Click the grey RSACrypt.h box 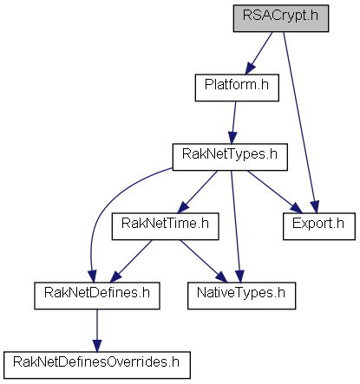pyautogui.click(x=281, y=18)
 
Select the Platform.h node pyautogui.click(x=237, y=88)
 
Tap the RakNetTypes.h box pyautogui.click(x=230, y=157)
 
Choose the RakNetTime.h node pyautogui.click(x=165, y=226)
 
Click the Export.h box pyautogui.click(x=319, y=226)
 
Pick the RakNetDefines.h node pyautogui.click(x=97, y=296)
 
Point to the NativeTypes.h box pyautogui.click(x=241, y=296)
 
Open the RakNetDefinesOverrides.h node pyautogui.click(x=97, y=365)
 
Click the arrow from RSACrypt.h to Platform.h pyautogui.click(x=259, y=53)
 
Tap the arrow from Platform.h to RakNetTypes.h pyautogui.click(x=233, y=122)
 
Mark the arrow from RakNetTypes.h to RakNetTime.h pyautogui.click(x=198, y=192)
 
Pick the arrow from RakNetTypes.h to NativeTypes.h pyautogui.click(x=236, y=226)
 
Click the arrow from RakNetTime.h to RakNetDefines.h pyautogui.click(x=131, y=261)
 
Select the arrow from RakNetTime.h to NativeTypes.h pyautogui.click(x=204, y=261)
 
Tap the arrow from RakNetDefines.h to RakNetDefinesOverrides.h pyautogui.click(x=97, y=330)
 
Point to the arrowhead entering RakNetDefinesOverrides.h pyautogui.click(x=97, y=346)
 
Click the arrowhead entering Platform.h pyautogui.click(x=250, y=68)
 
